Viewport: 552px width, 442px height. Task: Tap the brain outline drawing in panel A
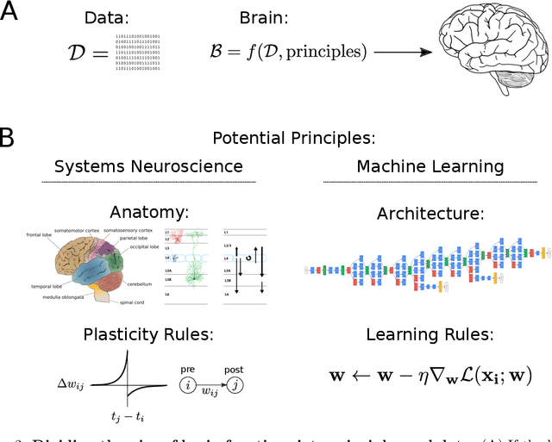(x=488, y=53)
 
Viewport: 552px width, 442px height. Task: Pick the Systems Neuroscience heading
(x=148, y=165)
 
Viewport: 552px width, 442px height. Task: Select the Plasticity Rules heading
(x=147, y=334)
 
